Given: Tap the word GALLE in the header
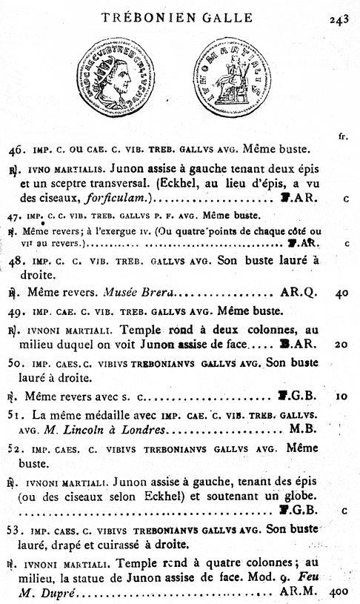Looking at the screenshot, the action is point(224,18).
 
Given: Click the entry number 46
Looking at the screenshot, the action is point(16,150).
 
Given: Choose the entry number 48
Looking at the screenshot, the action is point(16,261).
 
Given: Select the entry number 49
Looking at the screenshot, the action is point(16,311).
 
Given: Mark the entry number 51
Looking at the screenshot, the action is point(15,414).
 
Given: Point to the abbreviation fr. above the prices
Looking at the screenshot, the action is point(342,136).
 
